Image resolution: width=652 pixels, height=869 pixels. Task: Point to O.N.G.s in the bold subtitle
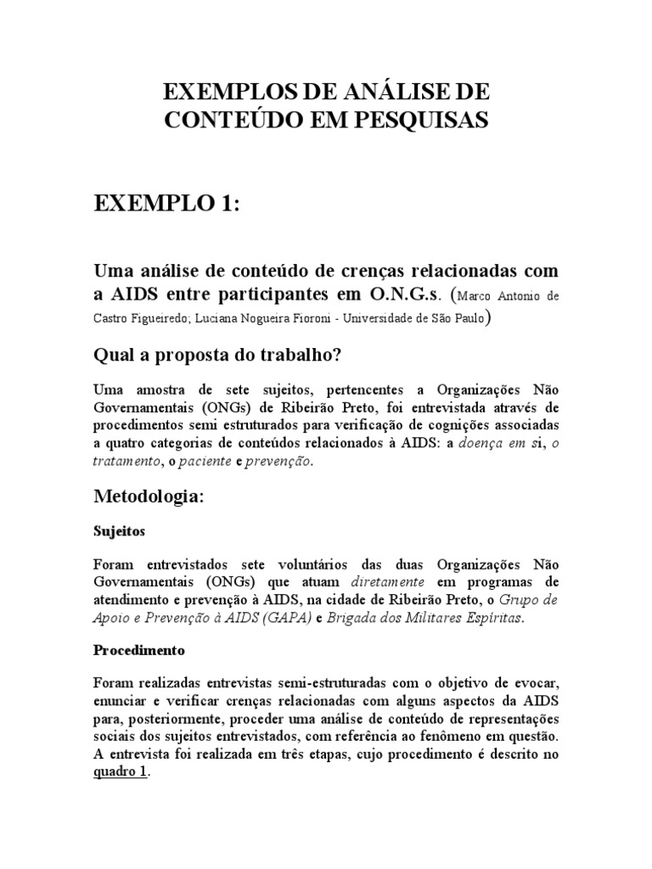pyautogui.click(x=404, y=294)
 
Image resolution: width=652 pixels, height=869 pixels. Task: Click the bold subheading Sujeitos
pyautogui.click(x=119, y=531)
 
